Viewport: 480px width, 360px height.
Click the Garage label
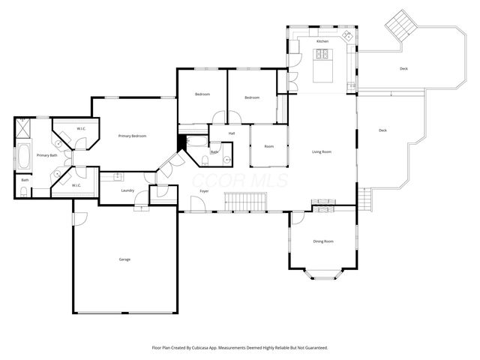coord(124,259)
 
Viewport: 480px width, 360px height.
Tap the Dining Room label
coord(323,241)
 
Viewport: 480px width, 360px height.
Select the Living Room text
coord(322,152)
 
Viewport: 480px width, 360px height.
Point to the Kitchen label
coord(322,41)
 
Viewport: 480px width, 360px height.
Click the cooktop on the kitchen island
coord(322,53)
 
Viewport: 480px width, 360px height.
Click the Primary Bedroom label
coord(132,136)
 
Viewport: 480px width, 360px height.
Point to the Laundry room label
coord(127,190)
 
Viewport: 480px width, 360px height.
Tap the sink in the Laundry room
coord(118,178)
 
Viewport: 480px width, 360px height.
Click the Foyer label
coord(204,191)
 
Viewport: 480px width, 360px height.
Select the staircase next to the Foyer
coord(247,202)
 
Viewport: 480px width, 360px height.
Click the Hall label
coord(232,133)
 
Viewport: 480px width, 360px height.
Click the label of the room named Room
coord(268,146)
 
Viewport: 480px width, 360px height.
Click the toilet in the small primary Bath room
coord(25,190)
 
